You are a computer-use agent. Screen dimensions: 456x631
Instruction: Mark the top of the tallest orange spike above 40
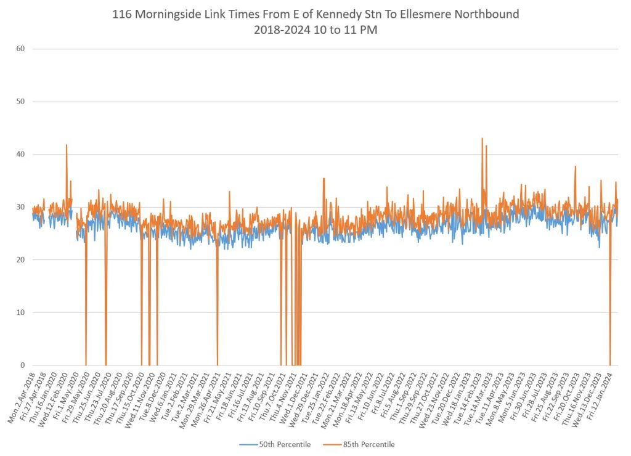coord(482,138)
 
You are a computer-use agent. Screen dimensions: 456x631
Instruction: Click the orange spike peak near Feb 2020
coord(67,145)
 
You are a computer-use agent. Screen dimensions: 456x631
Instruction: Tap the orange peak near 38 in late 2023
coord(575,166)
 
